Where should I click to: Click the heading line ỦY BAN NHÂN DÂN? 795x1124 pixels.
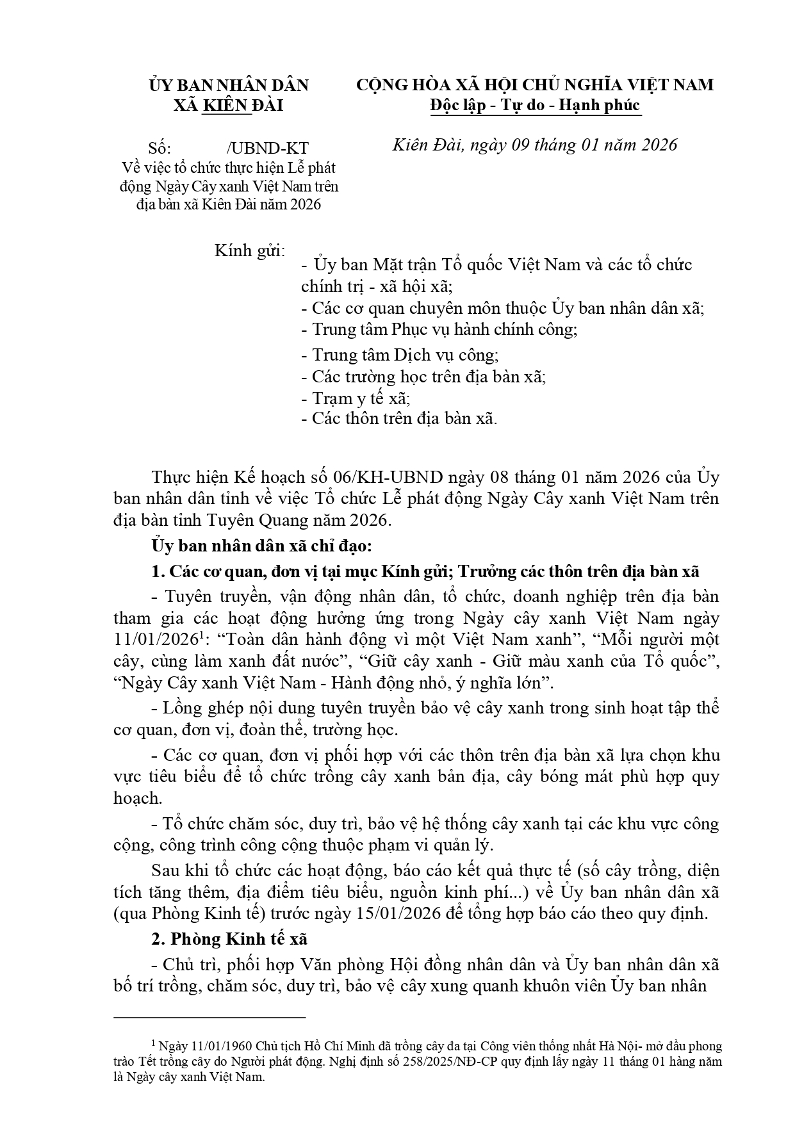229,85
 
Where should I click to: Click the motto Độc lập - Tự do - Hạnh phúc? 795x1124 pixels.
535,105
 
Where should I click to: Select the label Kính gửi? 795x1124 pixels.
250,250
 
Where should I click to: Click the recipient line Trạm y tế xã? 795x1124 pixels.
356,398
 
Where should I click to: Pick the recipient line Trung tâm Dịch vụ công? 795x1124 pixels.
400,355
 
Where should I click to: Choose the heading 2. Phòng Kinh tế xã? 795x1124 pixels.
229,939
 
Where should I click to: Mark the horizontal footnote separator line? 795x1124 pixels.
209,1016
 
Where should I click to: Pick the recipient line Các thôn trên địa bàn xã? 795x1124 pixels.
398,419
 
